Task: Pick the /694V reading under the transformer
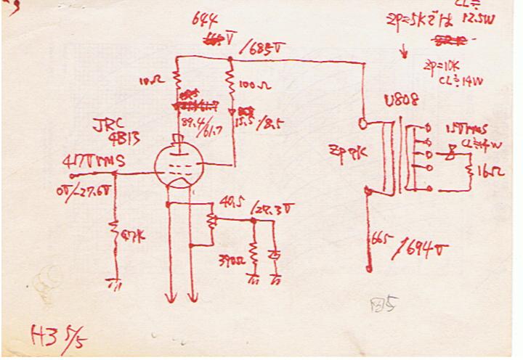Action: coord(420,250)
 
